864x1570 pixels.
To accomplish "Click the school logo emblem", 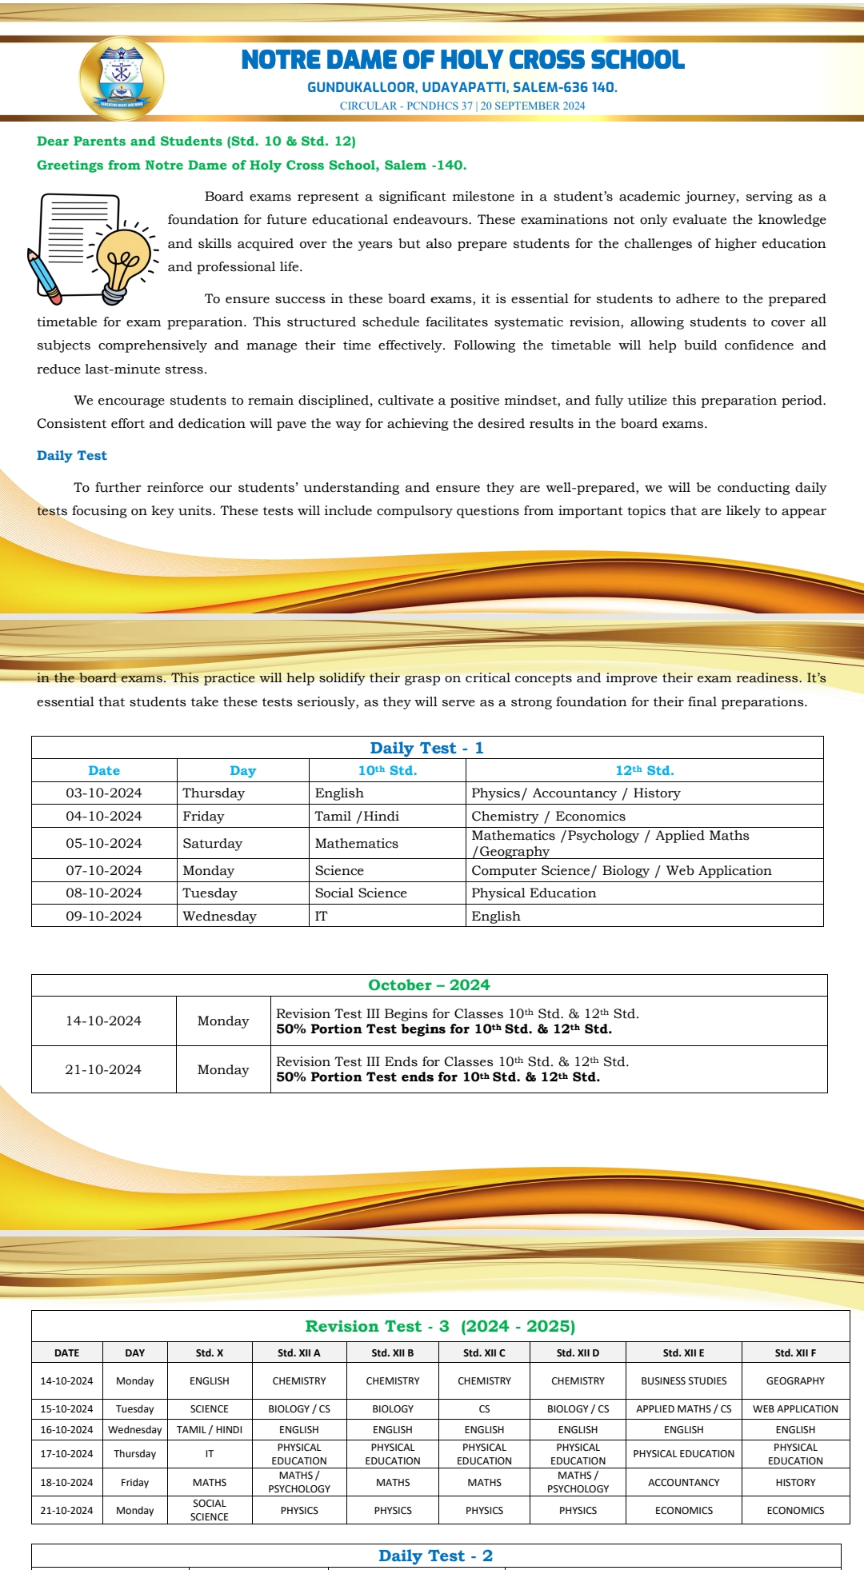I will pyautogui.click(x=122, y=78).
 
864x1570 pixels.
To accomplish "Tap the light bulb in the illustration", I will pyautogui.click(x=122, y=257).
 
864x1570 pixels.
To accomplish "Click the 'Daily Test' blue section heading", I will pyautogui.click(x=71, y=456).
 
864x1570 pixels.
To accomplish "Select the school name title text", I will pyautogui.click(x=462, y=60).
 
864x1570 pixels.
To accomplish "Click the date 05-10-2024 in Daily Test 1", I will pyautogui.click(x=104, y=843).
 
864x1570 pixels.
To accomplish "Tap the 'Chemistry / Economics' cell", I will pyautogui.click(x=548, y=816).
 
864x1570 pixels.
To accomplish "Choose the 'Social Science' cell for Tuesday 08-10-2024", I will pyautogui.click(x=361, y=893).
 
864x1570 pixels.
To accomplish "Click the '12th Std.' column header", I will pyautogui.click(x=644, y=770).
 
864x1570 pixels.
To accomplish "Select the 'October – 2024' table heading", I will pyautogui.click(x=429, y=985).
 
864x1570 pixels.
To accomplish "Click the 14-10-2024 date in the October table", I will pyautogui.click(x=103, y=1021).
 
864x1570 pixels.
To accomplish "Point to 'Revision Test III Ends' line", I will pyautogui.click(x=452, y=1061).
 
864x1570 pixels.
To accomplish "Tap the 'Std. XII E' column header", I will pyautogui.click(x=683, y=1352).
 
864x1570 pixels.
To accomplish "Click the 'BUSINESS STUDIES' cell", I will pyautogui.click(x=683, y=1380).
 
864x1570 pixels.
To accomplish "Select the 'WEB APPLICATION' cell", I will pyautogui.click(x=795, y=1408).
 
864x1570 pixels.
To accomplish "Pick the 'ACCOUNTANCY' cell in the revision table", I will pyautogui.click(x=683, y=1482).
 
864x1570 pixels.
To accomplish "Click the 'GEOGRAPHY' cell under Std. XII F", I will pyautogui.click(x=795, y=1380).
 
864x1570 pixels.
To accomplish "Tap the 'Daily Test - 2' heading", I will pyautogui.click(x=435, y=1556).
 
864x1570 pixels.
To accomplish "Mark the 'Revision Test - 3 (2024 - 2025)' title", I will pyautogui.click(x=440, y=1326).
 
